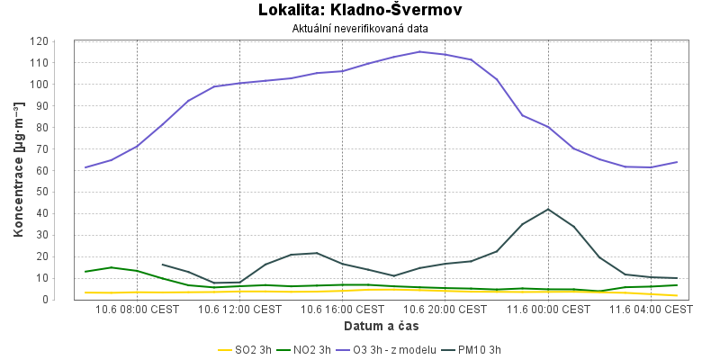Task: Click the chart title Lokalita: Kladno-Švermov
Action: coord(360,10)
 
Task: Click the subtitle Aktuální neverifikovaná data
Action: coord(360,29)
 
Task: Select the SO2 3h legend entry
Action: coord(244,350)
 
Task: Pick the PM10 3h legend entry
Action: coord(472,350)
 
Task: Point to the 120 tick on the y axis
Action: coord(39,41)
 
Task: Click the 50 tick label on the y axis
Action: coord(42,192)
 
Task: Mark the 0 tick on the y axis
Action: coord(45,300)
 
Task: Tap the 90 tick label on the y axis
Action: coord(42,105)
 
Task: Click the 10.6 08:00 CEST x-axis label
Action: coord(137,310)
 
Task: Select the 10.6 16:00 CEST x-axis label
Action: coord(343,310)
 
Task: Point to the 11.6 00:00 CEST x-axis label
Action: coord(548,310)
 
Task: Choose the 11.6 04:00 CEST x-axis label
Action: coord(651,310)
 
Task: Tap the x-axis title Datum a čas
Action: coord(382,327)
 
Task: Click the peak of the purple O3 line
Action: coord(419,51)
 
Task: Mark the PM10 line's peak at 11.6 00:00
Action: coord(548,210)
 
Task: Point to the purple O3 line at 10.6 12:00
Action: coord(239,83)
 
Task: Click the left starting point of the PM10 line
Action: coord(163,265)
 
